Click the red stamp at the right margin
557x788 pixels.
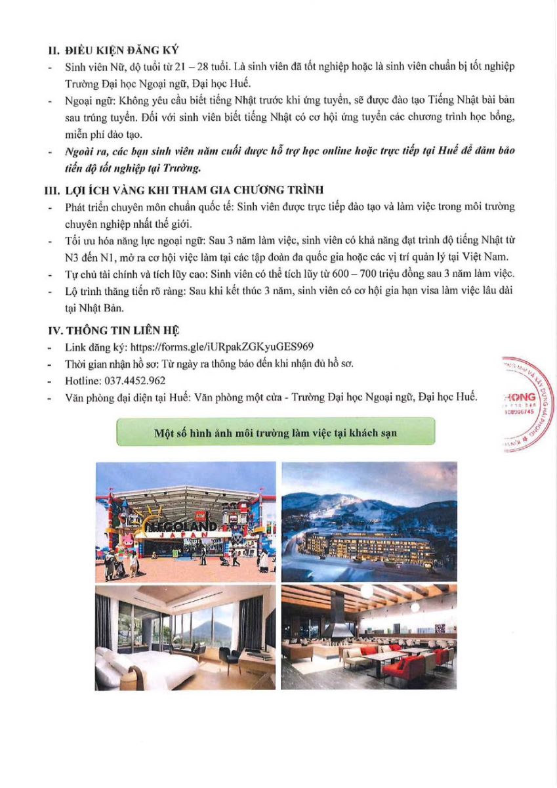point(525,405)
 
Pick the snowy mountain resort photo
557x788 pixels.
point(369,521)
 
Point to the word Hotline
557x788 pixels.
point(80,380)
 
